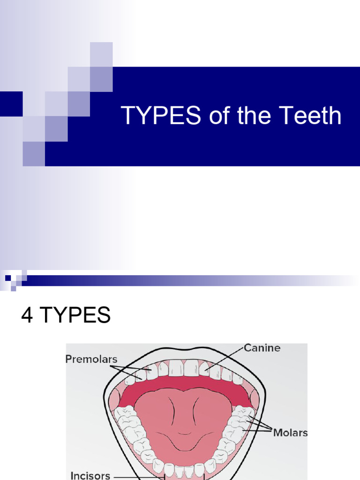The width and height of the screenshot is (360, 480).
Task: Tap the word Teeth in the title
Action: tap(313, 116)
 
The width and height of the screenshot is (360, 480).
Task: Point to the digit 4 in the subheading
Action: tap(27, 316)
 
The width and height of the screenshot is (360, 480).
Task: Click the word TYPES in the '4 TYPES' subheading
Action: tap(75, 316)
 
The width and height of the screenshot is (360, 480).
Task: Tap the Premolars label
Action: tap(91, 360)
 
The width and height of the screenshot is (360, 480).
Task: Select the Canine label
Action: tap(262, 348)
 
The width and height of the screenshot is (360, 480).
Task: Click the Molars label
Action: tap(291, 433)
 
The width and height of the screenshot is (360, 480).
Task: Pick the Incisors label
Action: tap(90, 475)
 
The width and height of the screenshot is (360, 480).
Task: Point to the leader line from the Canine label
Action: tap(225, 359)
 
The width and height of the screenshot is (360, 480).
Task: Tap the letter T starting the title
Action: tap(127, 116)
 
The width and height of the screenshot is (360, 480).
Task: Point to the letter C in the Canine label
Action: tap(247, 348)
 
